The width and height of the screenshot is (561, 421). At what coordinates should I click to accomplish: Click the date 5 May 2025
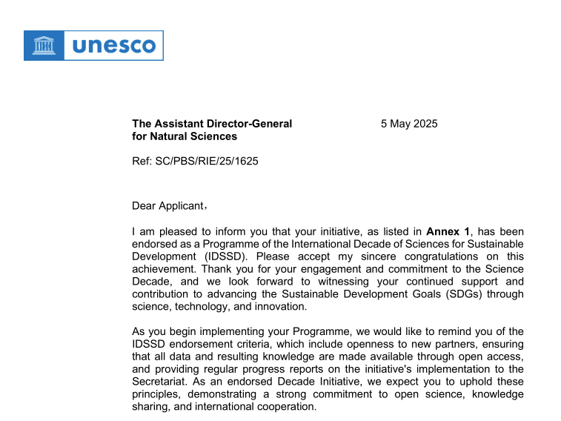click(x=409, y=124)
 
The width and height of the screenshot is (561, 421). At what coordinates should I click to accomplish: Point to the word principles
click(x=157, y=394)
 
